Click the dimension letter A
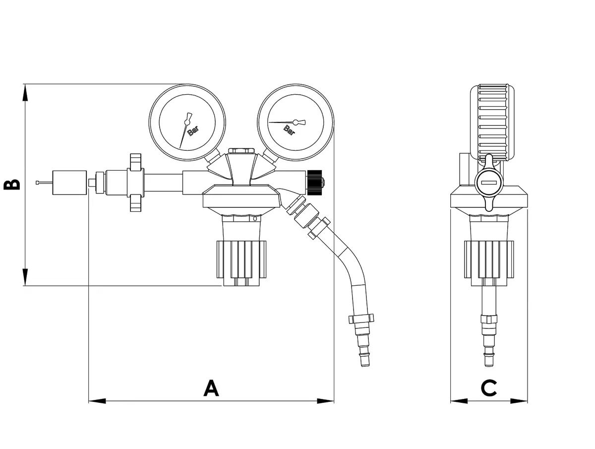(211, 388)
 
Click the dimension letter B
(12, 184)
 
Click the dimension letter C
(489, 388)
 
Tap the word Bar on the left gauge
(193, 131)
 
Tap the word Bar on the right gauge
(289, 130)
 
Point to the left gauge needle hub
(187, 122)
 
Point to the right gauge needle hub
(296, 122)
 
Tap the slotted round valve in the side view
(488, 183)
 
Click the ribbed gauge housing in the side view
(492, 122)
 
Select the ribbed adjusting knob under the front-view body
(241, 259)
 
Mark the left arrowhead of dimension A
(97, 400)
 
